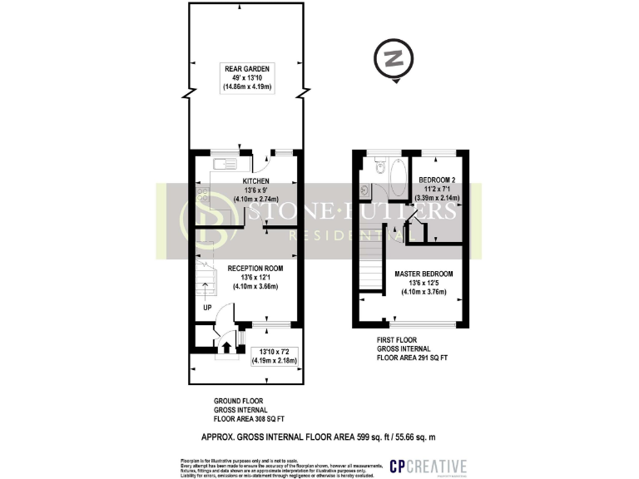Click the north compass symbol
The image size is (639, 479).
(x=394, y=60)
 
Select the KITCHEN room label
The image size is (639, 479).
(x=255, y=180)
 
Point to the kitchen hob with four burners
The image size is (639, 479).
(x=202, y=196)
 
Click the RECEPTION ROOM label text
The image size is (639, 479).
(x=255, y=268)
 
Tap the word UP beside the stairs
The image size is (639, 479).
(x=206, y=308)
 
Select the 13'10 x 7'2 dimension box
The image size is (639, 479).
(x=275, y=356)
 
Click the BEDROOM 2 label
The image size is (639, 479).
(x=437, y=180)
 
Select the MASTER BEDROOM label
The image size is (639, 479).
(x=425, y=274)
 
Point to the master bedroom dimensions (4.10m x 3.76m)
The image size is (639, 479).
(x=425, y=292)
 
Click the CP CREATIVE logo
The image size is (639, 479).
(x=428, y=467)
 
